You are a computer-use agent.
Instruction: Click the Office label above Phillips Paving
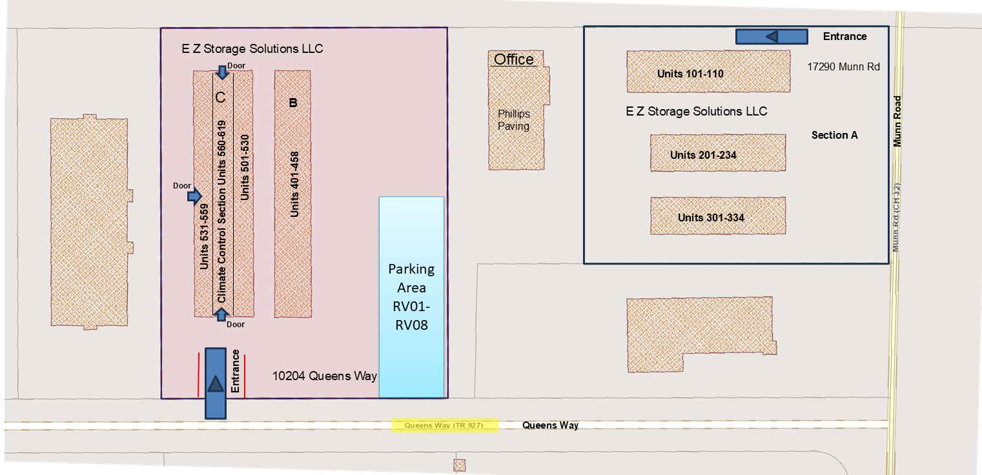tap(514, 59)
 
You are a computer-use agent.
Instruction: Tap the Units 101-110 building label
tap(690, 74)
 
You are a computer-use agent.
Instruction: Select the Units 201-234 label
tap(703, 155)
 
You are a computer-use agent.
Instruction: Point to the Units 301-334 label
tap(711, 217)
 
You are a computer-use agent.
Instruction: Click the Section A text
tap(834, 135)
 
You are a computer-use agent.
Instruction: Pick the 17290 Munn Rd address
tap(843, 66)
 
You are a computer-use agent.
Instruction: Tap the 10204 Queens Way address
tap(324, 376)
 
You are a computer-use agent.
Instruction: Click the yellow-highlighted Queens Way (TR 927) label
tap(444, 425)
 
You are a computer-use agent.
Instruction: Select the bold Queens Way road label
tap(550, 425)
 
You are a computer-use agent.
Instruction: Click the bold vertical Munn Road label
tap(897, 121)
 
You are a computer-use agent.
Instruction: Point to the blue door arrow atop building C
tap(223, 72)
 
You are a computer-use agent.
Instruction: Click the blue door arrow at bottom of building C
tap(222, 314)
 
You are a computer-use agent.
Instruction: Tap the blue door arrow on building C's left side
tap(194, 196)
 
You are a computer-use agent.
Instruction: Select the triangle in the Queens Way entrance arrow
tap(215, 383)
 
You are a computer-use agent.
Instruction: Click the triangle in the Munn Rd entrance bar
tap(772, 36)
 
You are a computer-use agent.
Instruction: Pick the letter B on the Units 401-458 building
tap(293, 103)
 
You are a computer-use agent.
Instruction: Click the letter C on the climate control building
tap(221, 97)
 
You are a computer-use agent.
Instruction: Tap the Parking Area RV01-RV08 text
tap(411, 297)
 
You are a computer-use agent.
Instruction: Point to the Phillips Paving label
tap(513, 119)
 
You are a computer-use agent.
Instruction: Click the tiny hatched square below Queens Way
tap(460, 465)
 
